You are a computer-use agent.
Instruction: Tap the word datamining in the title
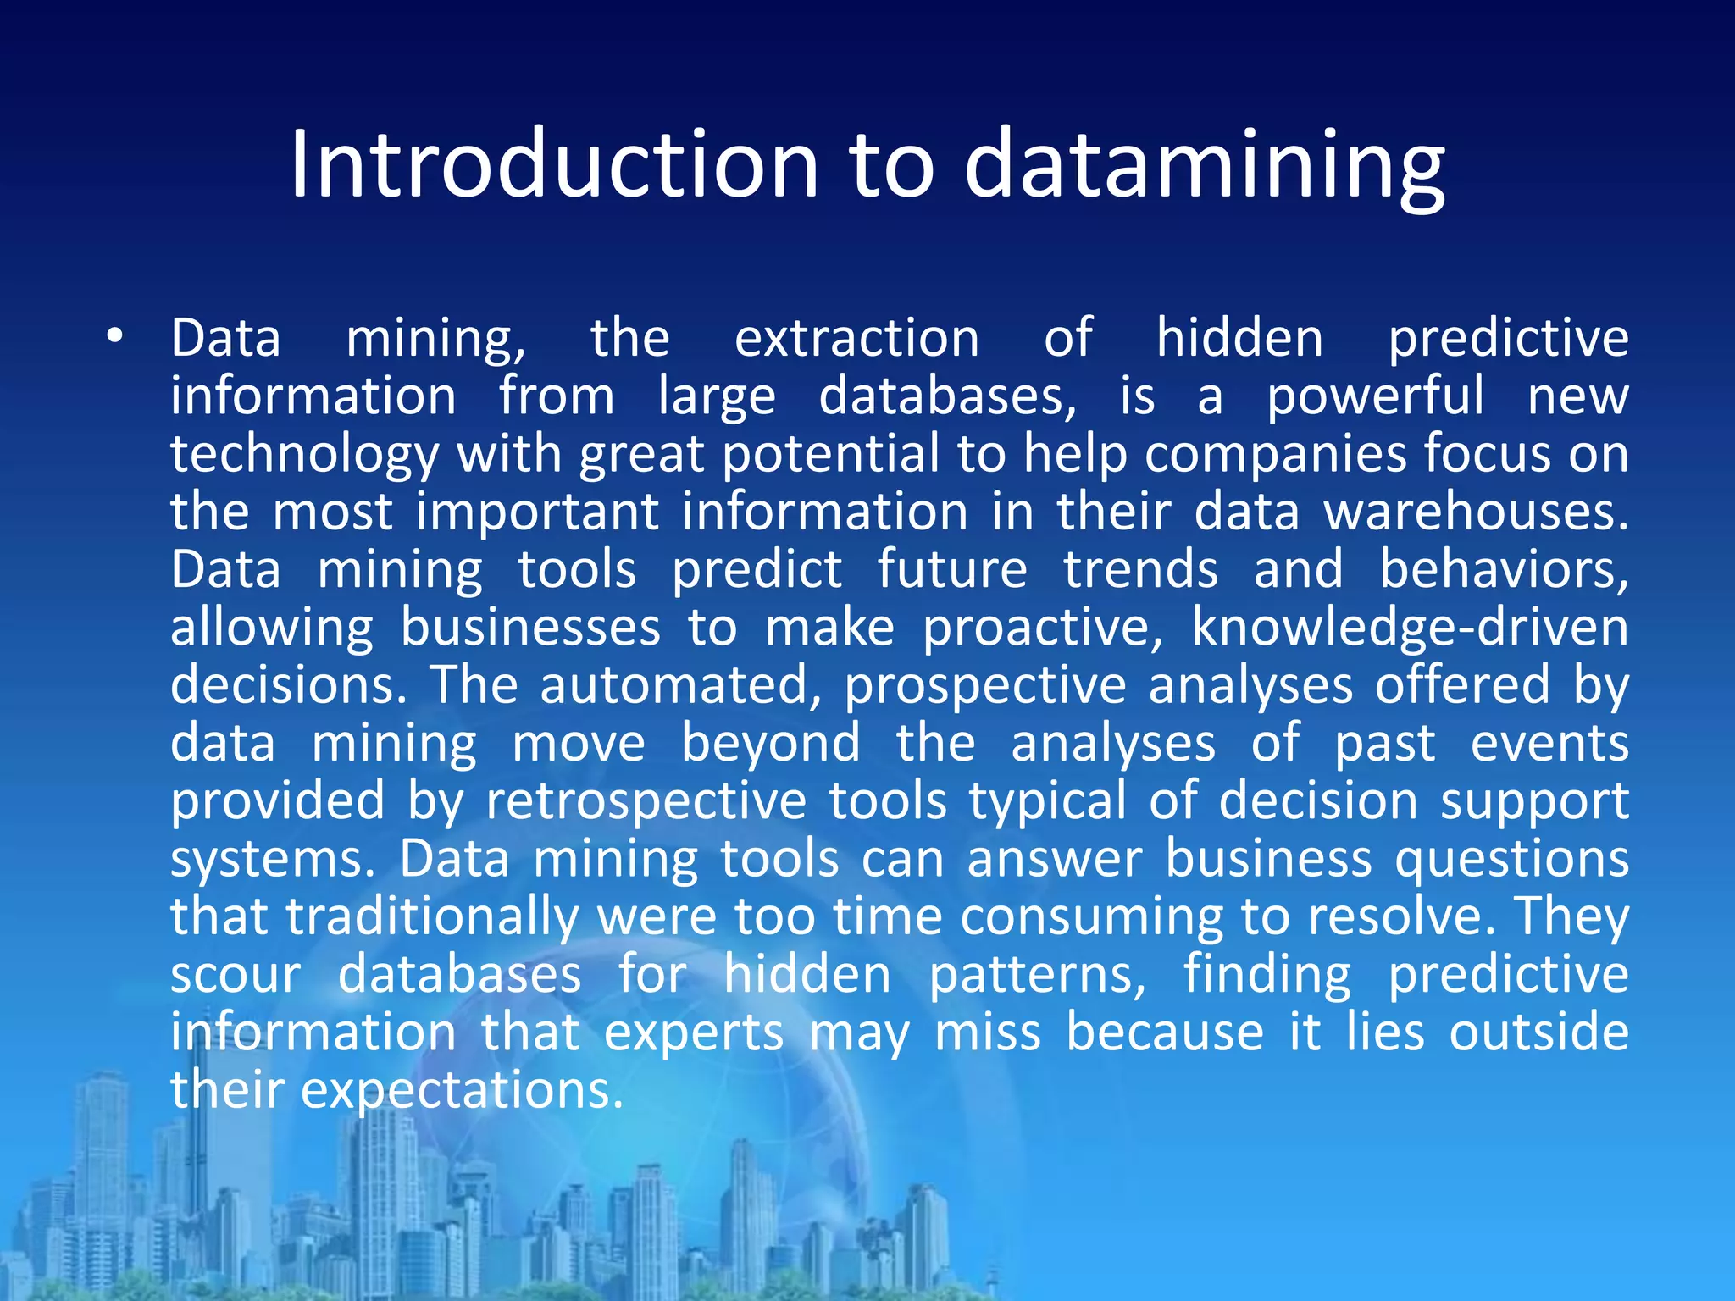1204,166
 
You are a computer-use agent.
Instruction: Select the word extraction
856,338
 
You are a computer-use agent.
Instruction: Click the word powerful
1375,396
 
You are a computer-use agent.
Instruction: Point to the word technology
304,455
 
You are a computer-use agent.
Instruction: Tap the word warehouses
1475,512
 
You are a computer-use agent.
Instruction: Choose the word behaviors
1503,569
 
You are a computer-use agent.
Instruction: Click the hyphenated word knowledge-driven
1409,628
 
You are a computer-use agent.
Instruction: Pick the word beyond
770,744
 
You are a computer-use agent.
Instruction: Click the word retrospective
646,801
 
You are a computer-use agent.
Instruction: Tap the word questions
1511,859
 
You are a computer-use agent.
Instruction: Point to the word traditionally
432,917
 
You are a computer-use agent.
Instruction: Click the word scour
236,975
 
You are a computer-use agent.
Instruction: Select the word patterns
1037,975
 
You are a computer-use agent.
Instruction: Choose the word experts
694,1033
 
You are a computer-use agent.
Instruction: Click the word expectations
461,1091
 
